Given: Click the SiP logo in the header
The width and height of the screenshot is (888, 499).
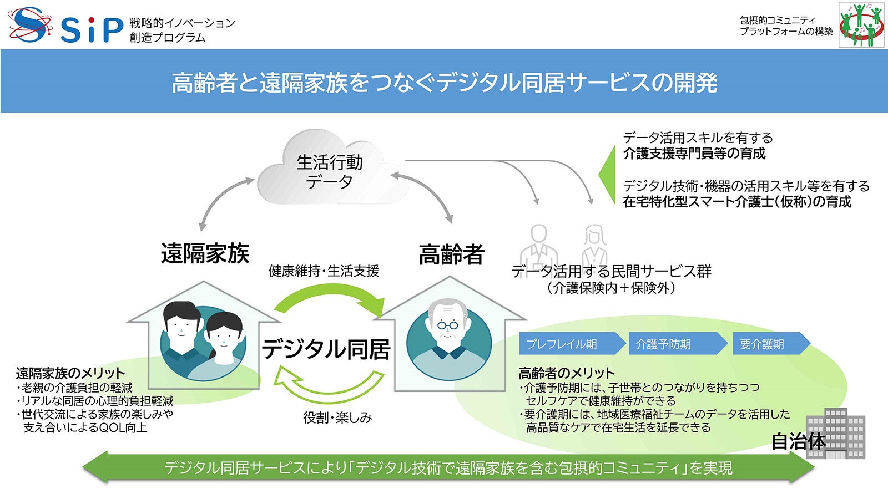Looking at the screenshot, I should (65, 26).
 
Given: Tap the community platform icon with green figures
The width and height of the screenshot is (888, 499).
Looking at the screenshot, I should (861, 25).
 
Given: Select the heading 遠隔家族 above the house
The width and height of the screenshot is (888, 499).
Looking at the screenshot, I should (205, 253).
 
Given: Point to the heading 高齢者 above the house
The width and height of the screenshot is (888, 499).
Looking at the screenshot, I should (451, 254).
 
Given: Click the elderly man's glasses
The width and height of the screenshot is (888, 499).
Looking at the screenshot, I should (447, 325).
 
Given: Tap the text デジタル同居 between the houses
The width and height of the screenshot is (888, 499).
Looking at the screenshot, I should (326, 349).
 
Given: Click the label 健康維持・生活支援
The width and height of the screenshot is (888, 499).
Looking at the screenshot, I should (324, 271).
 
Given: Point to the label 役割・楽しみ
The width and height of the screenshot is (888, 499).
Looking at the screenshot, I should (337, 417).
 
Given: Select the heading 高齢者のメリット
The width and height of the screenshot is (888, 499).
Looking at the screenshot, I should (566, 373).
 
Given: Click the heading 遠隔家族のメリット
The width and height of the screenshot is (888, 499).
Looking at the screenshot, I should (70, 373).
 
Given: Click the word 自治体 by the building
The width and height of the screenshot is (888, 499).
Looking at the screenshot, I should (798, 441).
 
